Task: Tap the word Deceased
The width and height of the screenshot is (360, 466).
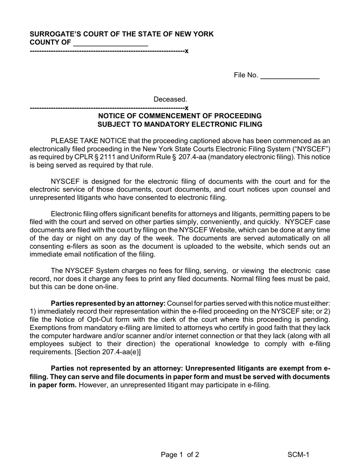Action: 170,99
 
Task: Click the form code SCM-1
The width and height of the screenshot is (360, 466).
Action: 298,455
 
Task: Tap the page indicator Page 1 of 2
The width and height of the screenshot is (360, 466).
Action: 180,455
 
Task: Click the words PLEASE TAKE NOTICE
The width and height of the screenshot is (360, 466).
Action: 88,141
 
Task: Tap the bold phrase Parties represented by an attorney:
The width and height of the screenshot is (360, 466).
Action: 108,303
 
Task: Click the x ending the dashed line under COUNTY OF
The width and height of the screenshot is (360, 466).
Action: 186,51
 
